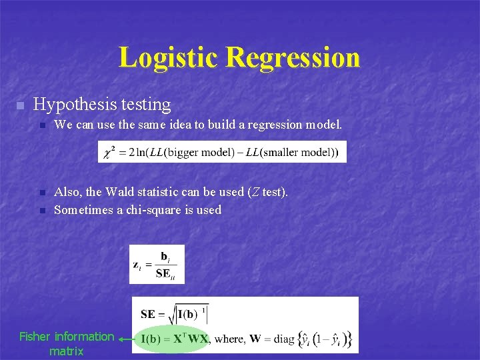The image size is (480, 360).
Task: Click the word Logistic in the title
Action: coord(169,57)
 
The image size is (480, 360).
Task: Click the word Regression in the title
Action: coord(293,57)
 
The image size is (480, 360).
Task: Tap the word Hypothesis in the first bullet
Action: coord(74,105)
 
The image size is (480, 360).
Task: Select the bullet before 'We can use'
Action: coord(41,125)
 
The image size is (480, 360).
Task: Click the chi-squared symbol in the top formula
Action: coord(109,153)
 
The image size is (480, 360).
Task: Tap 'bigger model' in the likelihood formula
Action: coord(194,153)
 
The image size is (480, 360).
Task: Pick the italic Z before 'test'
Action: coord(253,192)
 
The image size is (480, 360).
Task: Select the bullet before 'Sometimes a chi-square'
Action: coord(41,211)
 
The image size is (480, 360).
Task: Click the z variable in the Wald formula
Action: coord(136,265)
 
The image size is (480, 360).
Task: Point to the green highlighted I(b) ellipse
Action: coord(172,339)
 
